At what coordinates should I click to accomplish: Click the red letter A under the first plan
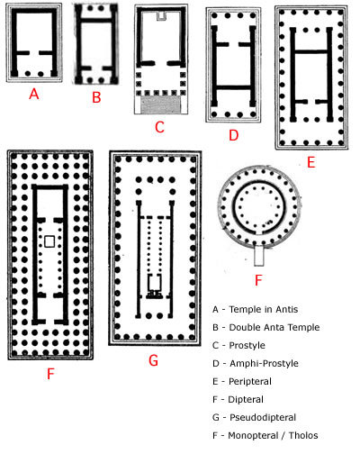[x=34, y=94]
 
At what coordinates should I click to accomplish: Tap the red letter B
[x=96, y=97]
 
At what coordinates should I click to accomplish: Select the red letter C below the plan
[x=159, y=127]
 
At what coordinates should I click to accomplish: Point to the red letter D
[x=233, y=135]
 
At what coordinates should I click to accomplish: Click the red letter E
[x=311, y=162]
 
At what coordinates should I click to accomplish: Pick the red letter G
[x=153, y=360]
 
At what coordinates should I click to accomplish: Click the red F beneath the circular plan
[x=258, y=280]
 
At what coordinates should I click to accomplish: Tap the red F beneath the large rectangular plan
[x=50, y=374]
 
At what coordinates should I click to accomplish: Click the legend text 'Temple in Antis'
[x=264, y=309]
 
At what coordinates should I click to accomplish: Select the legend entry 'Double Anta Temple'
[x=274, y=327]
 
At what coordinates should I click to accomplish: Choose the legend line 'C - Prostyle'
[x=238, y=345]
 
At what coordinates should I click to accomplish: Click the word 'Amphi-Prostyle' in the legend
[x=264, y=363]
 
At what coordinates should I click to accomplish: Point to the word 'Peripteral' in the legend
[x=250, y=381]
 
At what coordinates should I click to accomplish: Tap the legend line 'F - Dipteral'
[x=238, y=399]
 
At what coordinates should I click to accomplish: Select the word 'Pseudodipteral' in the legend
[x=263, y=417]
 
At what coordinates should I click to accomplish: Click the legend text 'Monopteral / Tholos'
[x=273, y=435]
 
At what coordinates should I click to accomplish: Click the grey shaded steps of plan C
[x=161, y=104]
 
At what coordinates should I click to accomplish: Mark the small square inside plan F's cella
[x=49, y=241]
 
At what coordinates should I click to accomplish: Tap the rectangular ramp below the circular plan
[x=258, y=255]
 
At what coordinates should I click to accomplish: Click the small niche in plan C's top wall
[x=161, y=16]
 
